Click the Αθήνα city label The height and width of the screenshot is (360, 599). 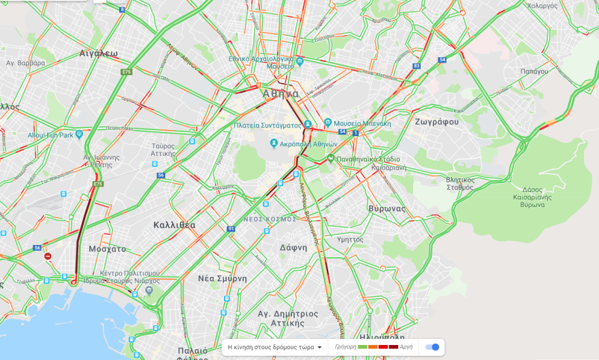280,94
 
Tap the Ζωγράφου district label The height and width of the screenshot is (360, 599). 436,122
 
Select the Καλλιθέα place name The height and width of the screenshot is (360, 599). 174,225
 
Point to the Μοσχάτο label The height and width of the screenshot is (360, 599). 107,249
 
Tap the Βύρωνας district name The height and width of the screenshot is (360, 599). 387,208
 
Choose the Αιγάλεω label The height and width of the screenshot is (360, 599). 99,53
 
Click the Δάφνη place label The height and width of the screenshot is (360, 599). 293,247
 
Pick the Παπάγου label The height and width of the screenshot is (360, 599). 534,71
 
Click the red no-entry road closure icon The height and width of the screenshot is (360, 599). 48,257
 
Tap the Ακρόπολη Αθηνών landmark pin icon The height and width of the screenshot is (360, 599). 274,144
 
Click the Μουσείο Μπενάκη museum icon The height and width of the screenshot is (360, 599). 328,123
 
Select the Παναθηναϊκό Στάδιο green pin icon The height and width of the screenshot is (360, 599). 330,159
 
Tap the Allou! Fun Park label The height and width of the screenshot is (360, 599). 50,135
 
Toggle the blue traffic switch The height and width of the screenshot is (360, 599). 432,347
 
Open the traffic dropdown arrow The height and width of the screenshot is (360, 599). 319,347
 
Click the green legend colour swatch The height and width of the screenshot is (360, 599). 363,347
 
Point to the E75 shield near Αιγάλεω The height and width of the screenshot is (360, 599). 125,71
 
